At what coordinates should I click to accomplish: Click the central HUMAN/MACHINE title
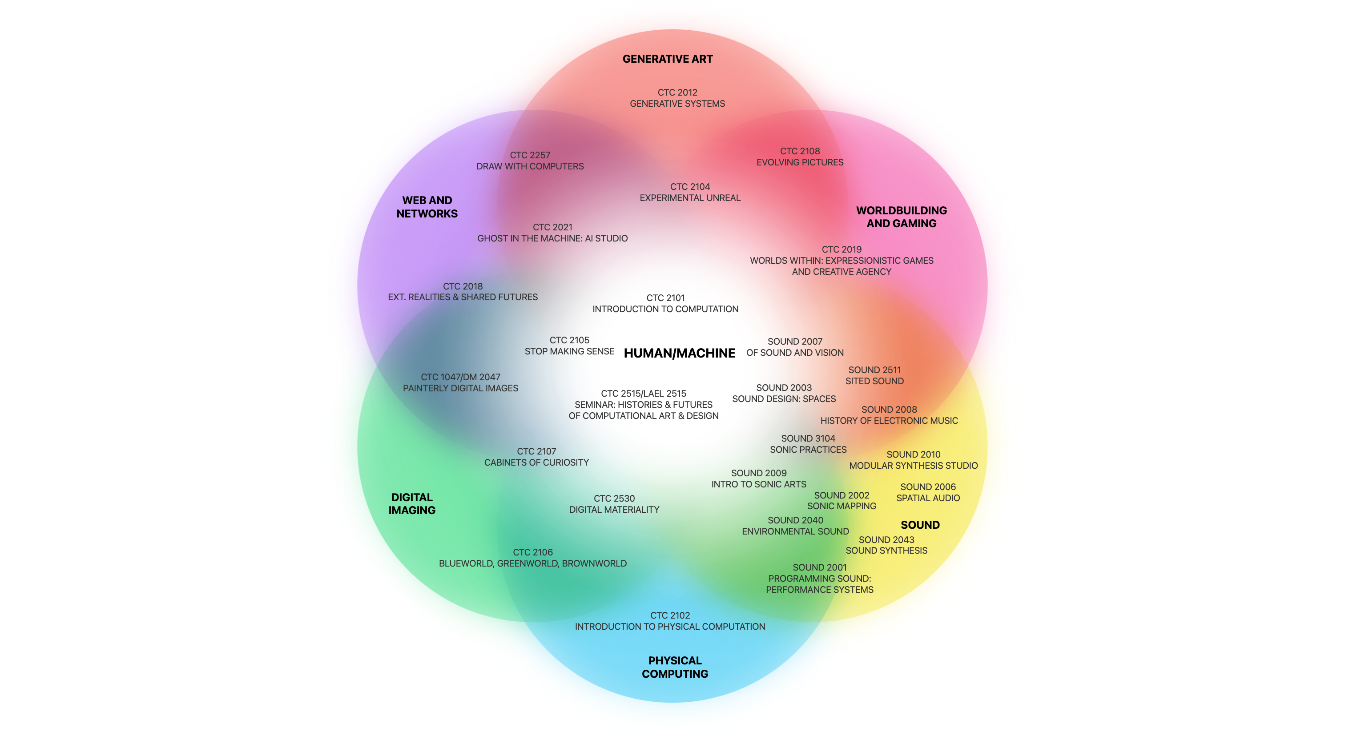pos(679,354)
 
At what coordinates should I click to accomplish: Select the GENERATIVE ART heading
pos(667,59)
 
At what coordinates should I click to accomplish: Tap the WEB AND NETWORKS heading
pos(427,207)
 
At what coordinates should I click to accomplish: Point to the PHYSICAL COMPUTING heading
pos(675,667)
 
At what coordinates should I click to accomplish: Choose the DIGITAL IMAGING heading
pos(411,504)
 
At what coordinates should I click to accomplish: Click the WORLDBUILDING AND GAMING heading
pos(901,217)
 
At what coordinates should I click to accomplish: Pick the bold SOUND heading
pos(920,525)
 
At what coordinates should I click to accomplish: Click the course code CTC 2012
pos(677,93)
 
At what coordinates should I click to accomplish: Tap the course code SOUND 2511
pos(874,370)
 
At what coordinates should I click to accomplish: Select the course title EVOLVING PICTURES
pos(799,162)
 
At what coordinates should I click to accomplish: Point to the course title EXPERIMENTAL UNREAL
pos(690,198)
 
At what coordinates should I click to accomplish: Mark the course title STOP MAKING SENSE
pos(569,351)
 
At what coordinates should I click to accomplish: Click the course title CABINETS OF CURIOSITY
pos(536,463)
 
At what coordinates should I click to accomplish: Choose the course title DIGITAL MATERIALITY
pos(614,510)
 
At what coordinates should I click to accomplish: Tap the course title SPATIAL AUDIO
pos(928,498)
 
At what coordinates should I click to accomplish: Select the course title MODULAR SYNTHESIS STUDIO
pos(913,466)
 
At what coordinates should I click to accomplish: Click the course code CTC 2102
pos(670,615)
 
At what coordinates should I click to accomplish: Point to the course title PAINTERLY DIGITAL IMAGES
pos(460,388)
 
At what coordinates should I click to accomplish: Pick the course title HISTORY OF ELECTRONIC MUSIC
pos(889,421)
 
